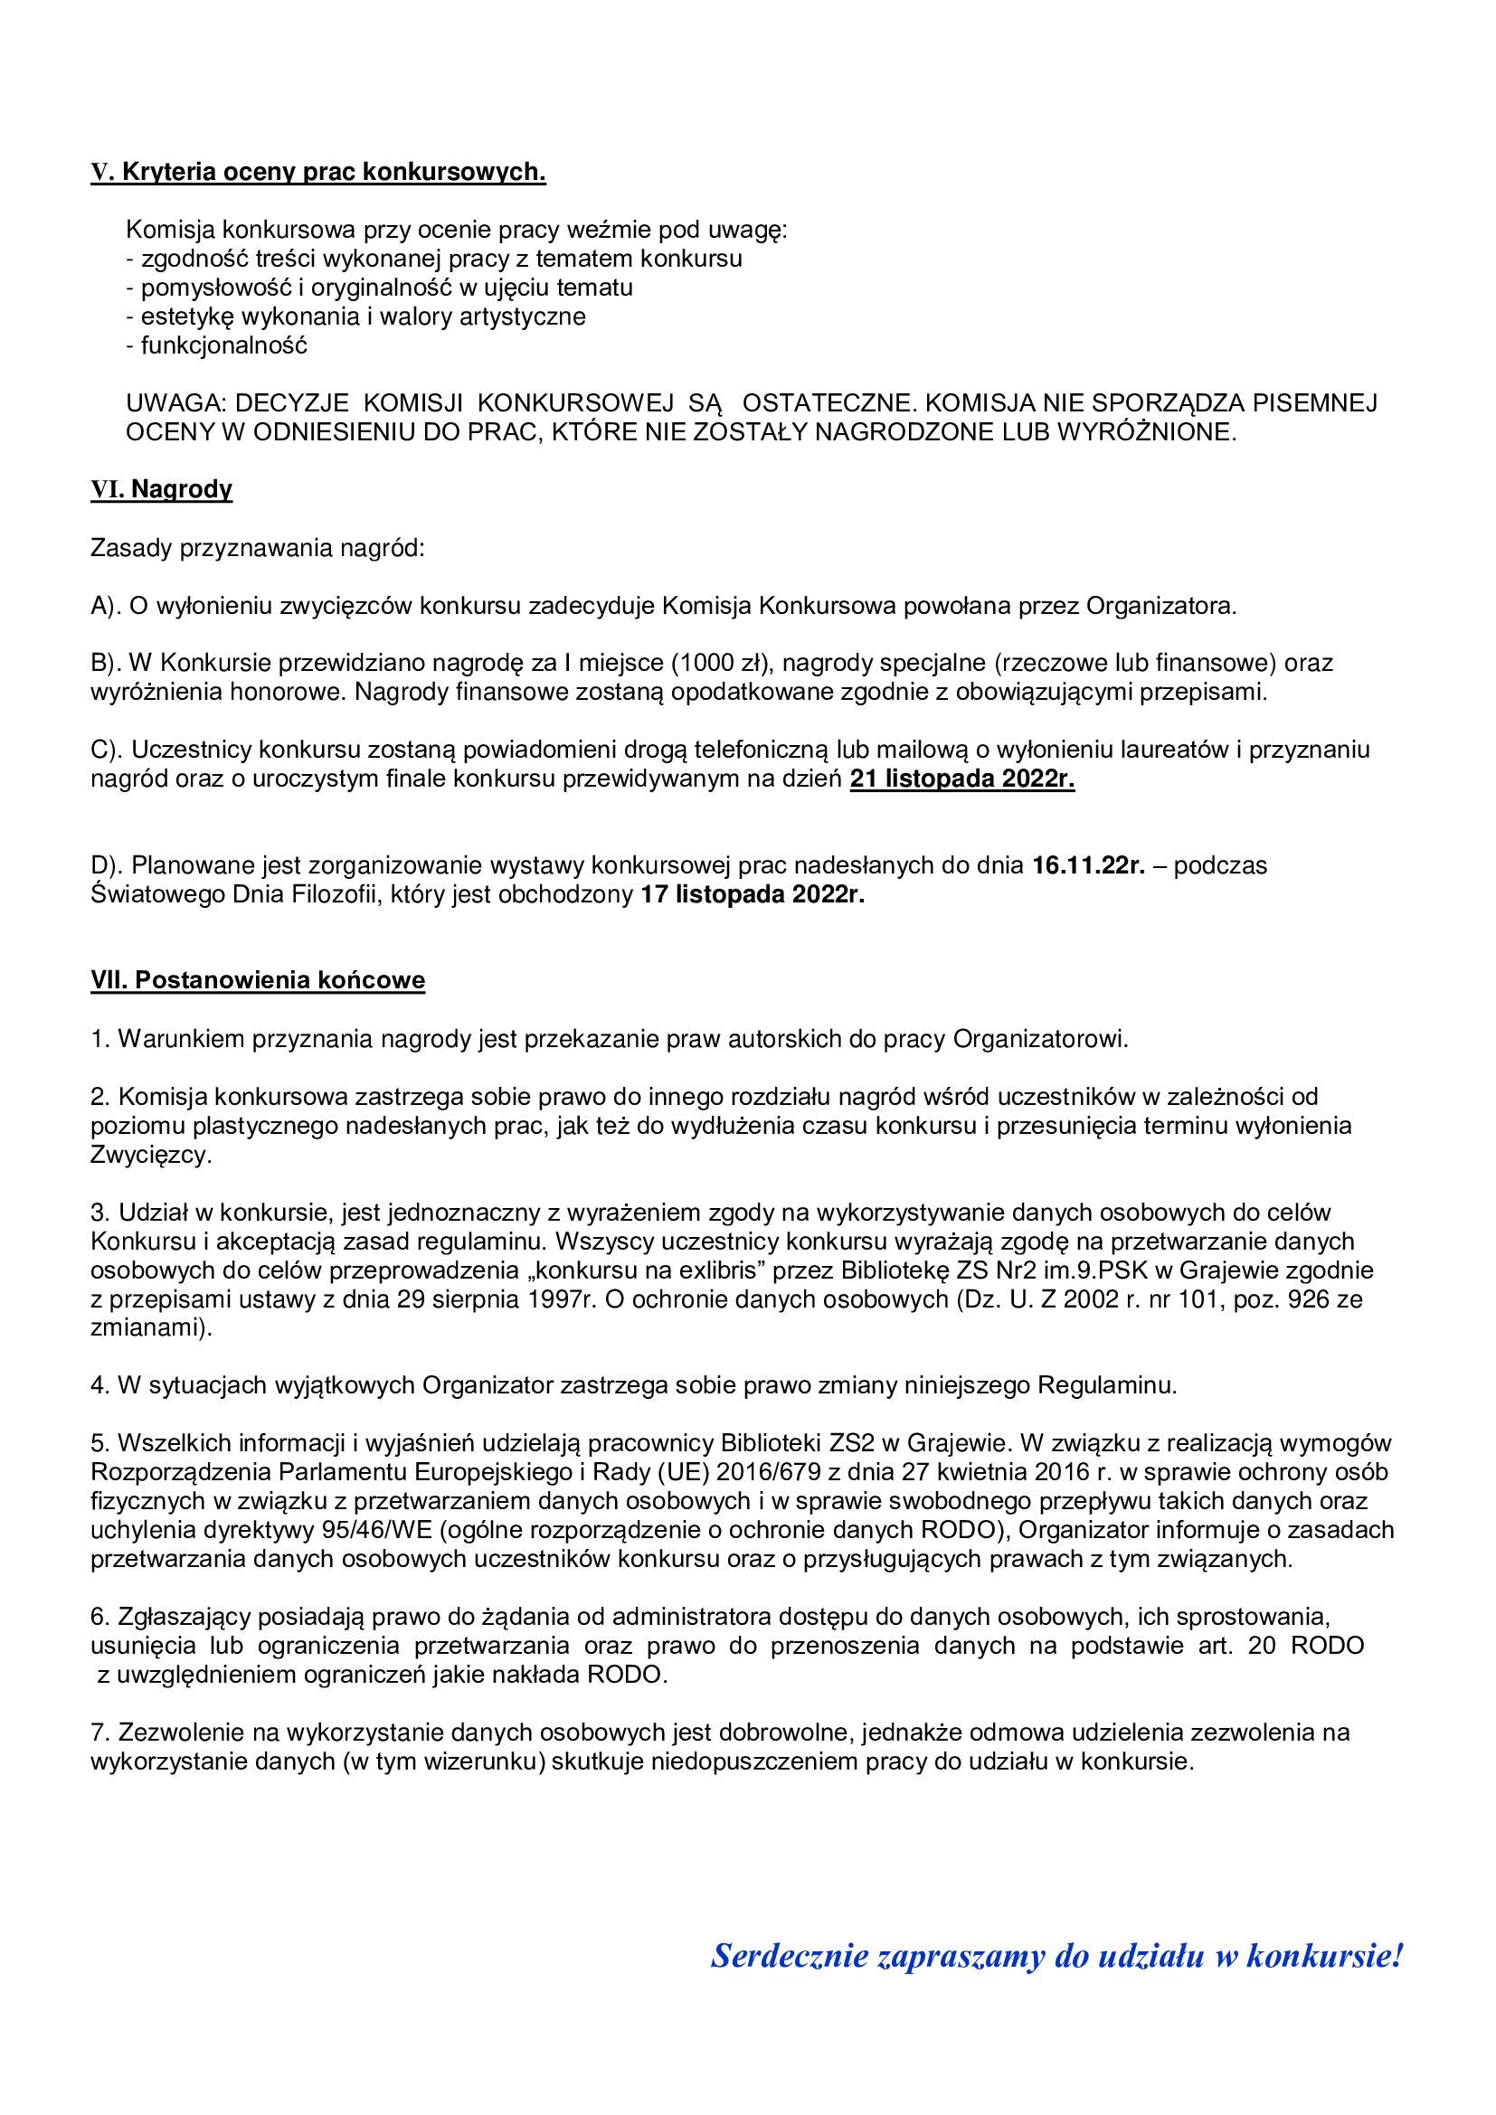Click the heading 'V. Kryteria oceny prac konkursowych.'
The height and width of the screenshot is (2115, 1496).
(x=317, y=173)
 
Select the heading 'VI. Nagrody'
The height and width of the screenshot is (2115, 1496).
(x=161, y=489)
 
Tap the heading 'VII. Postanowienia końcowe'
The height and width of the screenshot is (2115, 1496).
(x=258, y=980)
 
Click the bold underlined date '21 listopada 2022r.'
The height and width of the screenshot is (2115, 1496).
(x=961, y=779)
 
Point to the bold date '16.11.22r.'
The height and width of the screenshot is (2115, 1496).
(x=1088, y=866)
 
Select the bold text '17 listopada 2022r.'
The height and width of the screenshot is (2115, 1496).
(x=753, y=894)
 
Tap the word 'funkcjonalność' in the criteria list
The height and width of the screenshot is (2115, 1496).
(x=223, y=346)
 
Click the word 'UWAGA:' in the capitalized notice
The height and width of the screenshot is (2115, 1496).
(x=176, y=403)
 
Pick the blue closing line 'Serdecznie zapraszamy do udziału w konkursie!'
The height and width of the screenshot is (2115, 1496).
(x=1056, y=1955)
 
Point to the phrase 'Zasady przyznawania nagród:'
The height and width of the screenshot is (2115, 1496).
(x=258, y=549)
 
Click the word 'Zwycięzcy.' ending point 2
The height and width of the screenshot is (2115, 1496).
(x=151, y=1155)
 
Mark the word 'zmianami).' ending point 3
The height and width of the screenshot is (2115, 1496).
(x=151, y=1328)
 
